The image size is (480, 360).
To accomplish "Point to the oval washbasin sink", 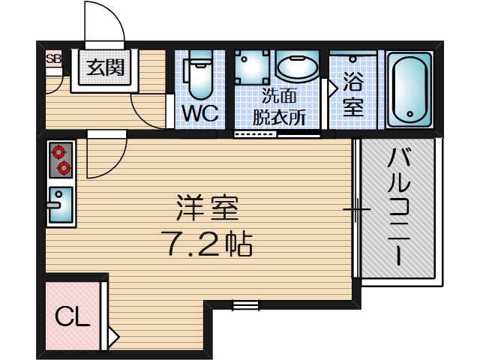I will click(298, 68).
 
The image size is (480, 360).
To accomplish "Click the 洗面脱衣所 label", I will click(278, 106).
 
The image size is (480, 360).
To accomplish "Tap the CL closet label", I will click(74, 316).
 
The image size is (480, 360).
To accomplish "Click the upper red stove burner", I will click(58, 152).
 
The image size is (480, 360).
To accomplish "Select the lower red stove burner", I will click(63, 166).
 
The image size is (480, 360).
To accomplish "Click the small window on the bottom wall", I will click(244, 304).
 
